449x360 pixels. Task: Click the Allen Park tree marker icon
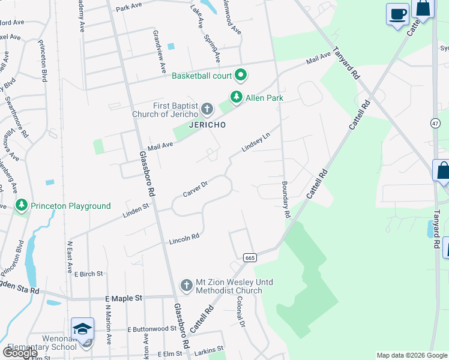click(237, 97)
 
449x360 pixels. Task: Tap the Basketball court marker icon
click(241, 76)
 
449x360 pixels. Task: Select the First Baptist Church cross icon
click(207, 110)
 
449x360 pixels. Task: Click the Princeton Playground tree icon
click(22, 206)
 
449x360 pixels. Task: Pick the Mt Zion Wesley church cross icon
click(187, 286)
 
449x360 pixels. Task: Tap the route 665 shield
click(250, 257)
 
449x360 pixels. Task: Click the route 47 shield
click(435, 123)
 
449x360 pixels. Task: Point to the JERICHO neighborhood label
click(207, 125)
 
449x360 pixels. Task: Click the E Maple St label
click(124, 298)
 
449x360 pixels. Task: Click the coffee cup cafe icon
click(397, 13)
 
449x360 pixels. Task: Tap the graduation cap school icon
click(82, 328)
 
